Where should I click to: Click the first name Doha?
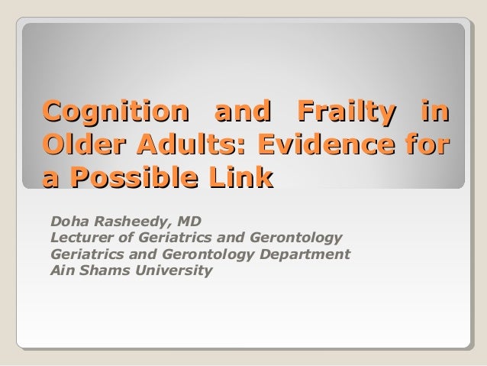click(x=67, y=222)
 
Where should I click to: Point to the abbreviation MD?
click(x=189, y=222)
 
